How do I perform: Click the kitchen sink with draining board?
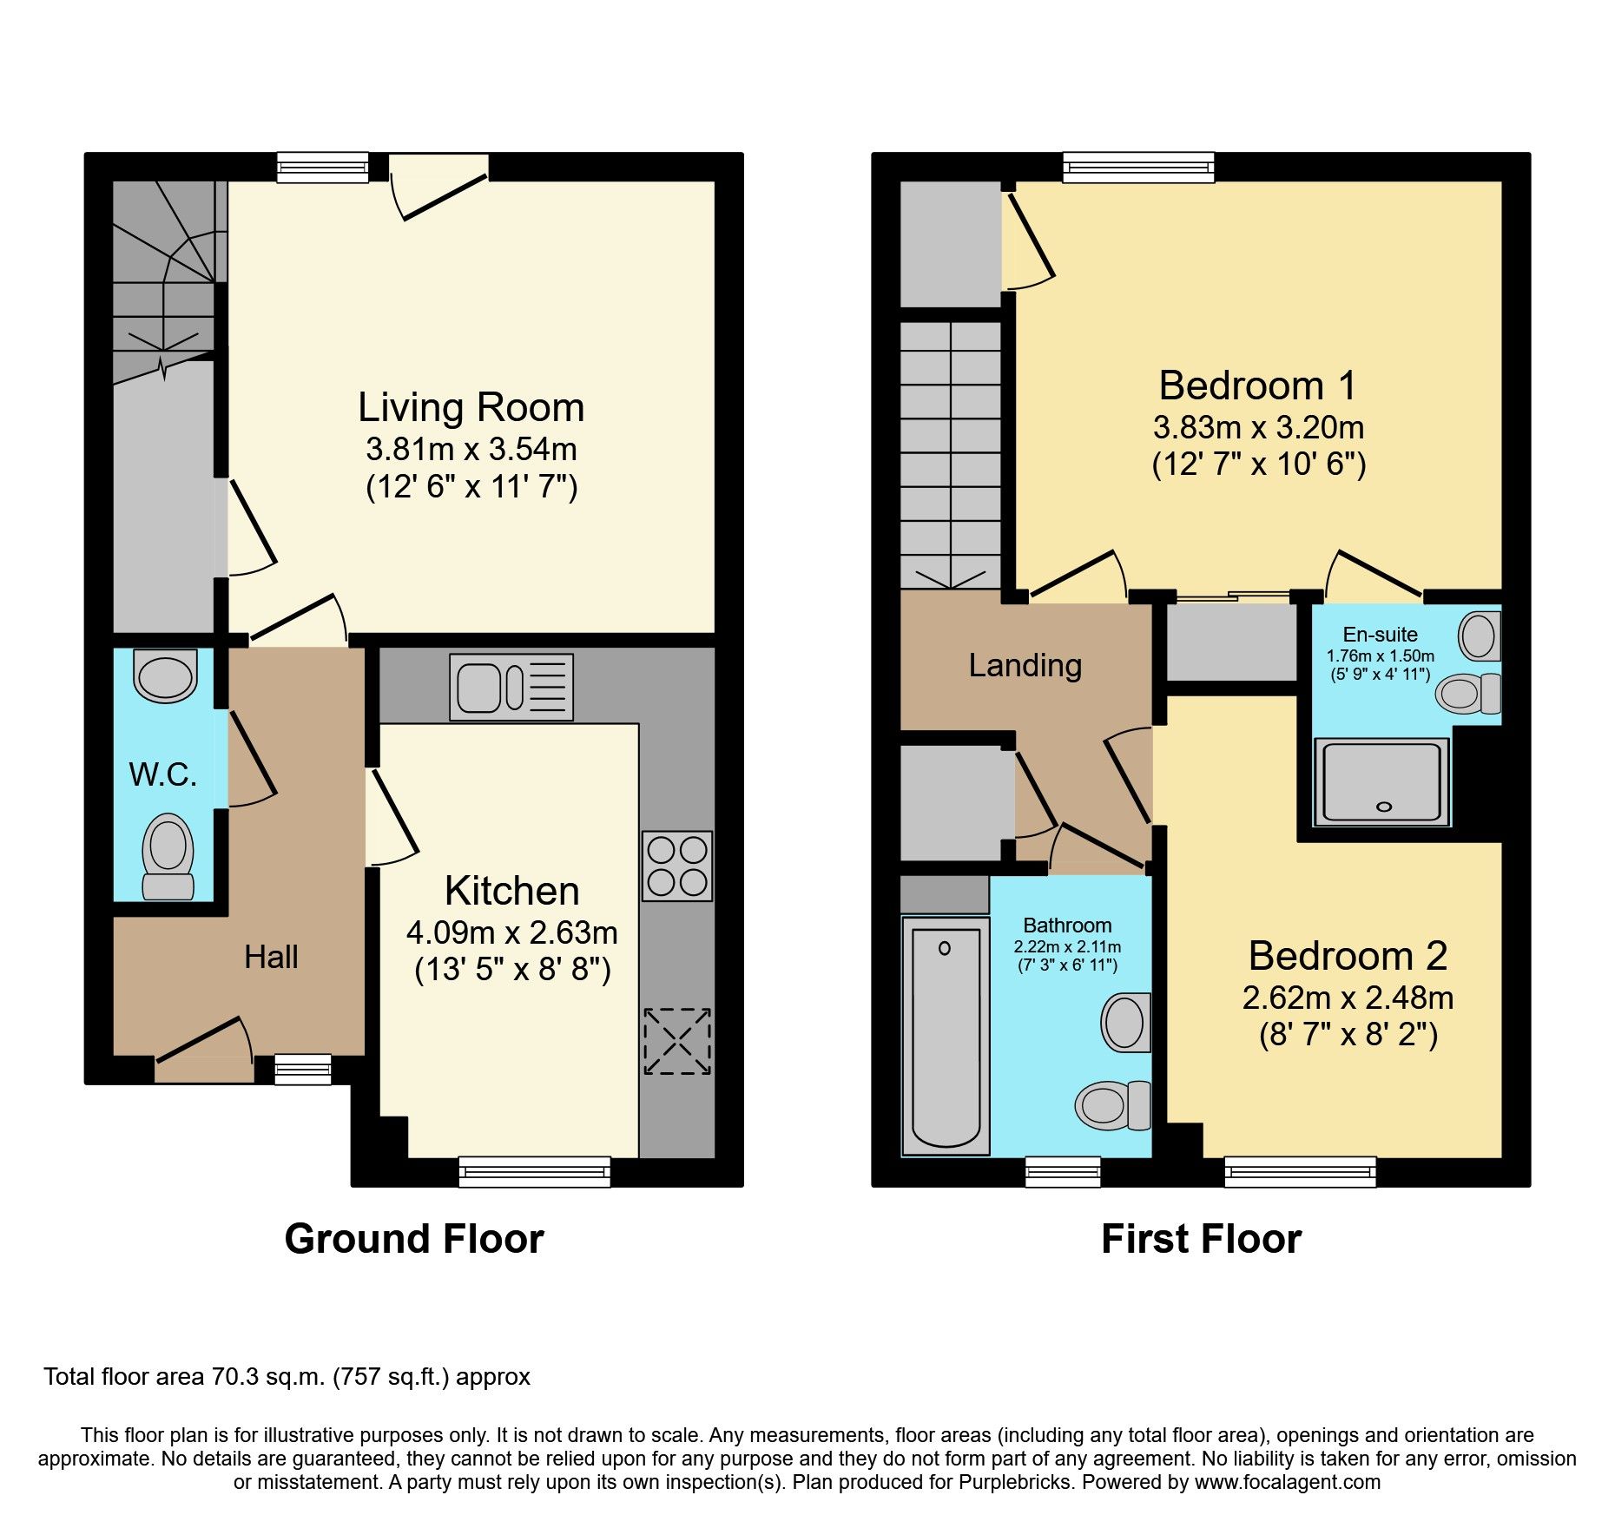511,687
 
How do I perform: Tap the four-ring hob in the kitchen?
677,866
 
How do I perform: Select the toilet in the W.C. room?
168,856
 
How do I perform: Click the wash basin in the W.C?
165,675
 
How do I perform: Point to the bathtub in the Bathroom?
946,1036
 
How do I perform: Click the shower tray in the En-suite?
1382,781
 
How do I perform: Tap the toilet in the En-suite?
1469,694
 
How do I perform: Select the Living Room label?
471,408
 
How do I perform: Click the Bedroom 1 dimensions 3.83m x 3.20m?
1258,428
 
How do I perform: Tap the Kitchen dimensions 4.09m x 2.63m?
512,932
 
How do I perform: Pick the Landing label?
1025,666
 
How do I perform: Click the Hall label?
271,958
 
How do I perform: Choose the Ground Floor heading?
414,1239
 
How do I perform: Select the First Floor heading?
1201,1239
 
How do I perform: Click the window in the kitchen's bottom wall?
534,1172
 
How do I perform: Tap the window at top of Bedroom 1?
1138,168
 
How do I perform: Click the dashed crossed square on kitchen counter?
677,1041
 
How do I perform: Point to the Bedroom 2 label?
1348,956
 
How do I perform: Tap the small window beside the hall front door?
303,1070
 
